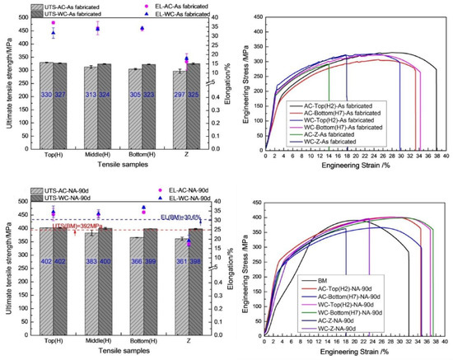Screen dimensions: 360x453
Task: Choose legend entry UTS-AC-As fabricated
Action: pos(52,7)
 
